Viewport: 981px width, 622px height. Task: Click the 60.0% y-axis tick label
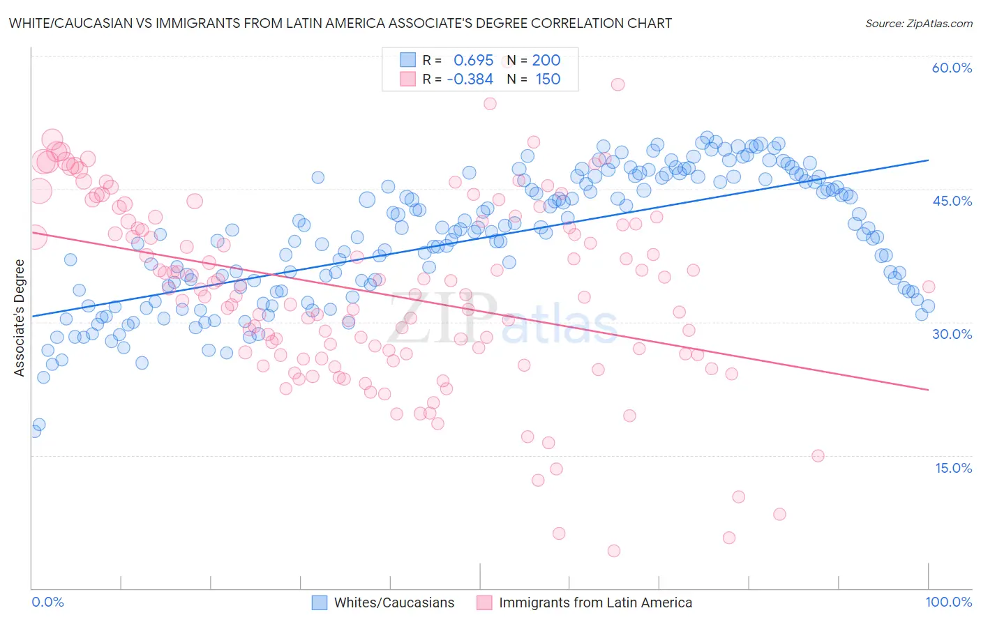point(952,68)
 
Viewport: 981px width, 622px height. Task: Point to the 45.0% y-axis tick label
point(952,201)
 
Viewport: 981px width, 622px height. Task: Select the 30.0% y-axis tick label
point(952,334)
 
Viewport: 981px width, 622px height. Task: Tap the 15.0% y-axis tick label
point(953,468)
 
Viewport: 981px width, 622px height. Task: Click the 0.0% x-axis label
point(47,602)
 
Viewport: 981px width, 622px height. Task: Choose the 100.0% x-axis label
point(948,602)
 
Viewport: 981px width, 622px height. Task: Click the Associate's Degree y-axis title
point(20,317)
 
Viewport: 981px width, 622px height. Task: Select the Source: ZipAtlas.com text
point(918,24)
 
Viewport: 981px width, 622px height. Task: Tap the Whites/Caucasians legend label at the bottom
point(394,602)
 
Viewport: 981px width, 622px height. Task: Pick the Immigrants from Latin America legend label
point(595,602)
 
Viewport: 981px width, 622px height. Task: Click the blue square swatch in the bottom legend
point(320,602)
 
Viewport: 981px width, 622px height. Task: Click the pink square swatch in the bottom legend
point(484,602)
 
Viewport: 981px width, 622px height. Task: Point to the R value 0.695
point(473,60)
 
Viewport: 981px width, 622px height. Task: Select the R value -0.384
point(470,79)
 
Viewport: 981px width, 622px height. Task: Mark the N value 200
point(546,60)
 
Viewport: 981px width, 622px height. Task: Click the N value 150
point(548,79)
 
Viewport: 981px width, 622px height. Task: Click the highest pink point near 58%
point(617,84)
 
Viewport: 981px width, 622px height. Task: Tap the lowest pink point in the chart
point(614,551)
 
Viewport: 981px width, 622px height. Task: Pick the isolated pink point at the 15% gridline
point(818,456)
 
